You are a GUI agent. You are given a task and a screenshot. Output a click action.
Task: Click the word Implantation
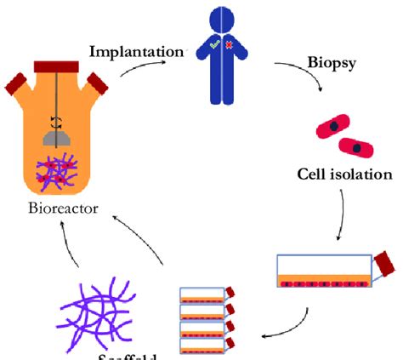pyautogui.click(x=136, y=51)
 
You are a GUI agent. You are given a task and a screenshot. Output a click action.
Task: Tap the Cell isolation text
pyautogui.click(x=344, y=175)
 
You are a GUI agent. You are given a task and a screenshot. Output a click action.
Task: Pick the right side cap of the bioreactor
pyautogui.click(x=99, y=83)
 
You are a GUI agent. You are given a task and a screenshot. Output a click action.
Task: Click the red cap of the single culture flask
pyautogui.click(x=386, y=264)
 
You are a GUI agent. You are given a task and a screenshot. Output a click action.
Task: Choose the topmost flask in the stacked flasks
pyautogui.click(x=204, y=296)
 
